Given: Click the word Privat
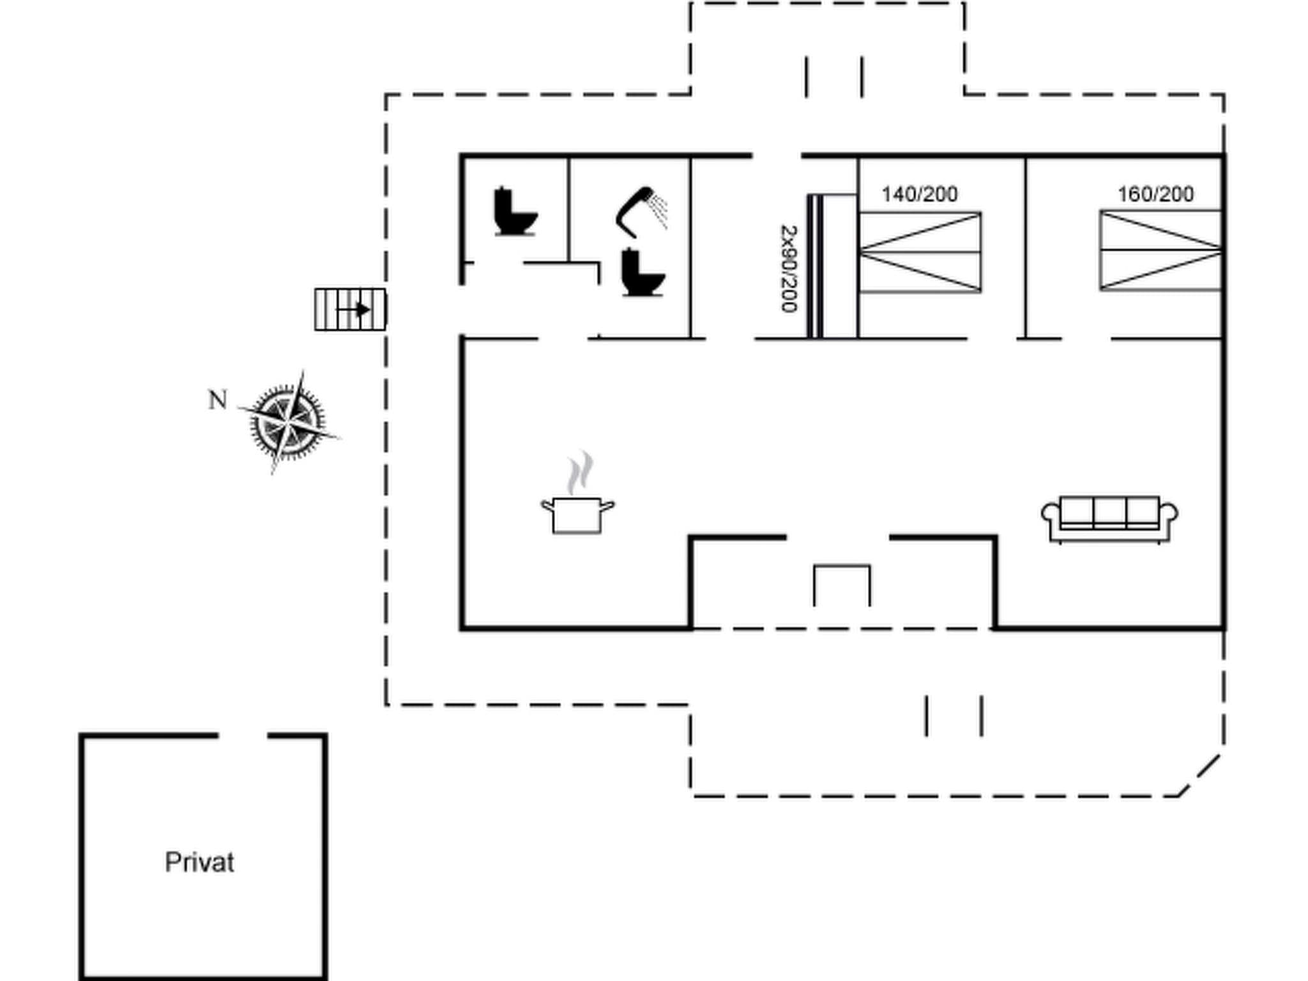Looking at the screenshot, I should pyautogui.click(x=199, y=862).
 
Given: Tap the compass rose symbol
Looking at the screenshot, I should pyautogui.click(x=288, y=422).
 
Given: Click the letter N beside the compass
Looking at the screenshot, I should pyautogui.click(x=218, y=400).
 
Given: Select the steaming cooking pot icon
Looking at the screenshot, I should pyautogui.click(x=577, y=505).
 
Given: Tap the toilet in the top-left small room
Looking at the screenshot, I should pyautogui.click(x=514, y=211).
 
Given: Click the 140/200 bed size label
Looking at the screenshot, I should pyautogui.click(x=919, y=194).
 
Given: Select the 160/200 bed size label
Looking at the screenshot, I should pyautogui.click(x=1155, y=194).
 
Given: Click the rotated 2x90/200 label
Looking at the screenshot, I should pyautogui.click(x=789, y=268).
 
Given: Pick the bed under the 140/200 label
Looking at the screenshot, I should pyautogui.click(x=920, y=252).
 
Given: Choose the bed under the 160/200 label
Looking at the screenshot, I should pyautogui.click(x=1160, y=250).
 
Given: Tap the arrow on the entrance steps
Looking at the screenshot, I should pyautogui.click(x=355, y=310).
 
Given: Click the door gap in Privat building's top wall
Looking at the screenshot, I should pyautogui.click(x=243, y=736).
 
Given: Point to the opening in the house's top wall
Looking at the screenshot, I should pyautogui.click(x=777, y=155).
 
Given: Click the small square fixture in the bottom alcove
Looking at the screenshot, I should pyautogui.click(x=842, y=584).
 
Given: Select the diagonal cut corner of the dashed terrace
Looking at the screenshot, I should pyautogui.click(x=1199, y=775).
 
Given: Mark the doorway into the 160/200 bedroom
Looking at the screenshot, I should pyautogui.click(x=1086, y=338).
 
